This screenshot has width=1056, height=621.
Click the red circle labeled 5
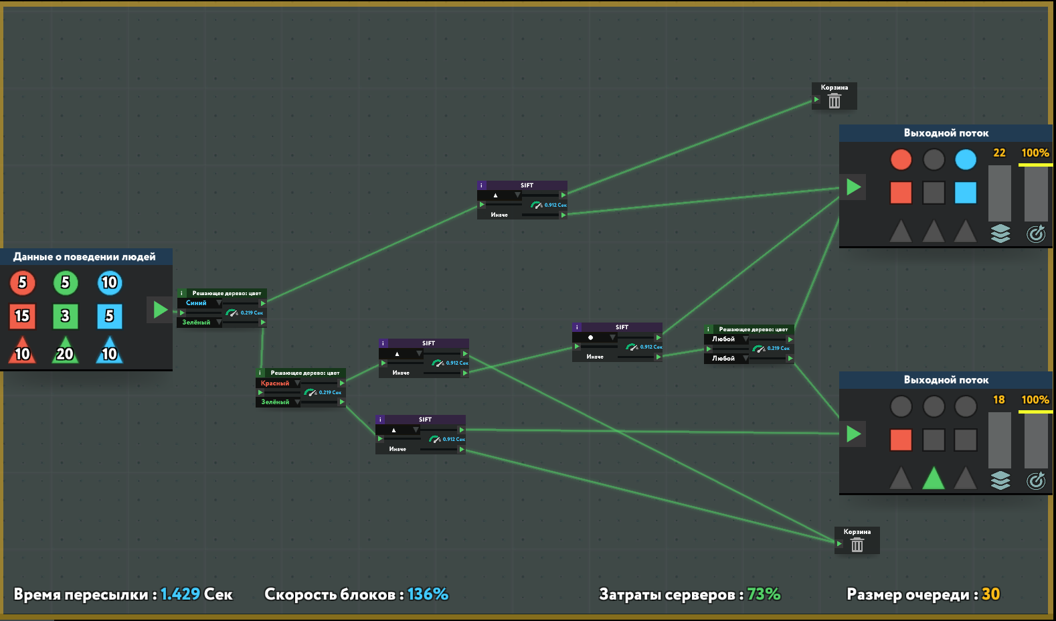coord(22,283)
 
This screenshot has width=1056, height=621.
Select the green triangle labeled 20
coord(65,351)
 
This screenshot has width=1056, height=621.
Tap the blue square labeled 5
coord(109,316)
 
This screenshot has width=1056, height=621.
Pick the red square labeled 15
coord(22,316)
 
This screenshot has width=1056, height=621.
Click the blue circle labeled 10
coord(109,283)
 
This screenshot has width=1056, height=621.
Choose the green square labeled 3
coord(65,316)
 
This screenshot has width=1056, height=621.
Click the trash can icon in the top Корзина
coord(834,101)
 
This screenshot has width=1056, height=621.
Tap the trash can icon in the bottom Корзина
coord(857,545)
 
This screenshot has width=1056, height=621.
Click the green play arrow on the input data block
coord(160,310)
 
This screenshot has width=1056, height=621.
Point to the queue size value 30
coord(990,594)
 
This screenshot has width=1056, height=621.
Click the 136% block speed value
coord(428,594)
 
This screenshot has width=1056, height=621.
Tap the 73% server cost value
coord(764,594)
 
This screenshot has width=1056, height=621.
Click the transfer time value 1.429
coord(180,594)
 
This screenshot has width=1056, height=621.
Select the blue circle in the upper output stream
coord(965,160)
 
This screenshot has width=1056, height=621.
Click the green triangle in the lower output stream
coord(933,478)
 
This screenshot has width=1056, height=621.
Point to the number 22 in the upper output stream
coord(999,153)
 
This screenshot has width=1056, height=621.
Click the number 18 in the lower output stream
coord(998,400)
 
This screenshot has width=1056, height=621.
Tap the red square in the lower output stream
coord(901,440)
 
